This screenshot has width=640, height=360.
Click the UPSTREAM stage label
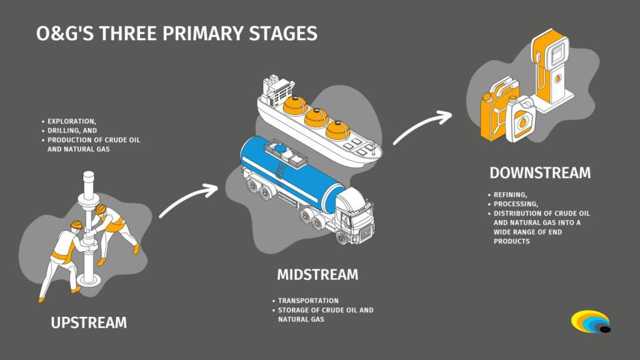tap(89, 322)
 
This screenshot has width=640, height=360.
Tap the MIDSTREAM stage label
tap(317, 275)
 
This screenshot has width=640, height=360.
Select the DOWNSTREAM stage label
tap(539, 173)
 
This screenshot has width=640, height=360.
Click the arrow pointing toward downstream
tap(422, 128)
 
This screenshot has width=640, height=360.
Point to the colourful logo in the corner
tap(591, 322)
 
